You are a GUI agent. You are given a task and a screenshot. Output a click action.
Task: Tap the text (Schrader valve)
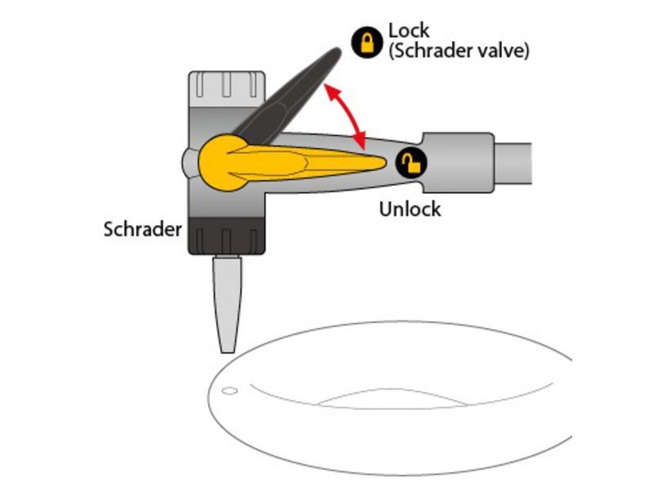pos(459,51)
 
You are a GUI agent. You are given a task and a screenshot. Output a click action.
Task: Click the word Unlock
pos(410,209)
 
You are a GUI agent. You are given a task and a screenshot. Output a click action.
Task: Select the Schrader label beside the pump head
pos(142,228)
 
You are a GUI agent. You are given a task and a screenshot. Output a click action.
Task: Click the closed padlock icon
pos(367,42)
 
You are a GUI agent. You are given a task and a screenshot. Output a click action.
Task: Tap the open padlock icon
pos(412,164)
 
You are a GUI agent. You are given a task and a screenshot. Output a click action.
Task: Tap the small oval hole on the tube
pos(231,390)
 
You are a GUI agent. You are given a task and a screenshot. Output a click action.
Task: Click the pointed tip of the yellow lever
pos(381,163)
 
